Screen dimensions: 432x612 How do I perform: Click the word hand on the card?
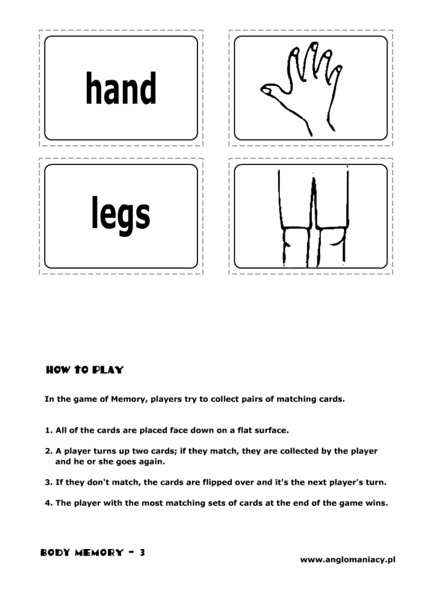(x=121, y=88)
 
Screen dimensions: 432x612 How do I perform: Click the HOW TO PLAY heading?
(x=85, y=370)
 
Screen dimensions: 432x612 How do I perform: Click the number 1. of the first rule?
(x=48, y=430)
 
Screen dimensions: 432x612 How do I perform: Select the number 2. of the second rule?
(x=48, y=451)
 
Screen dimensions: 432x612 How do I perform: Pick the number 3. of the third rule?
(x=48, y=482)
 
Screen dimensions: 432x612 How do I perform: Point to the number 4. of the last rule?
(x=48, y=503)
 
